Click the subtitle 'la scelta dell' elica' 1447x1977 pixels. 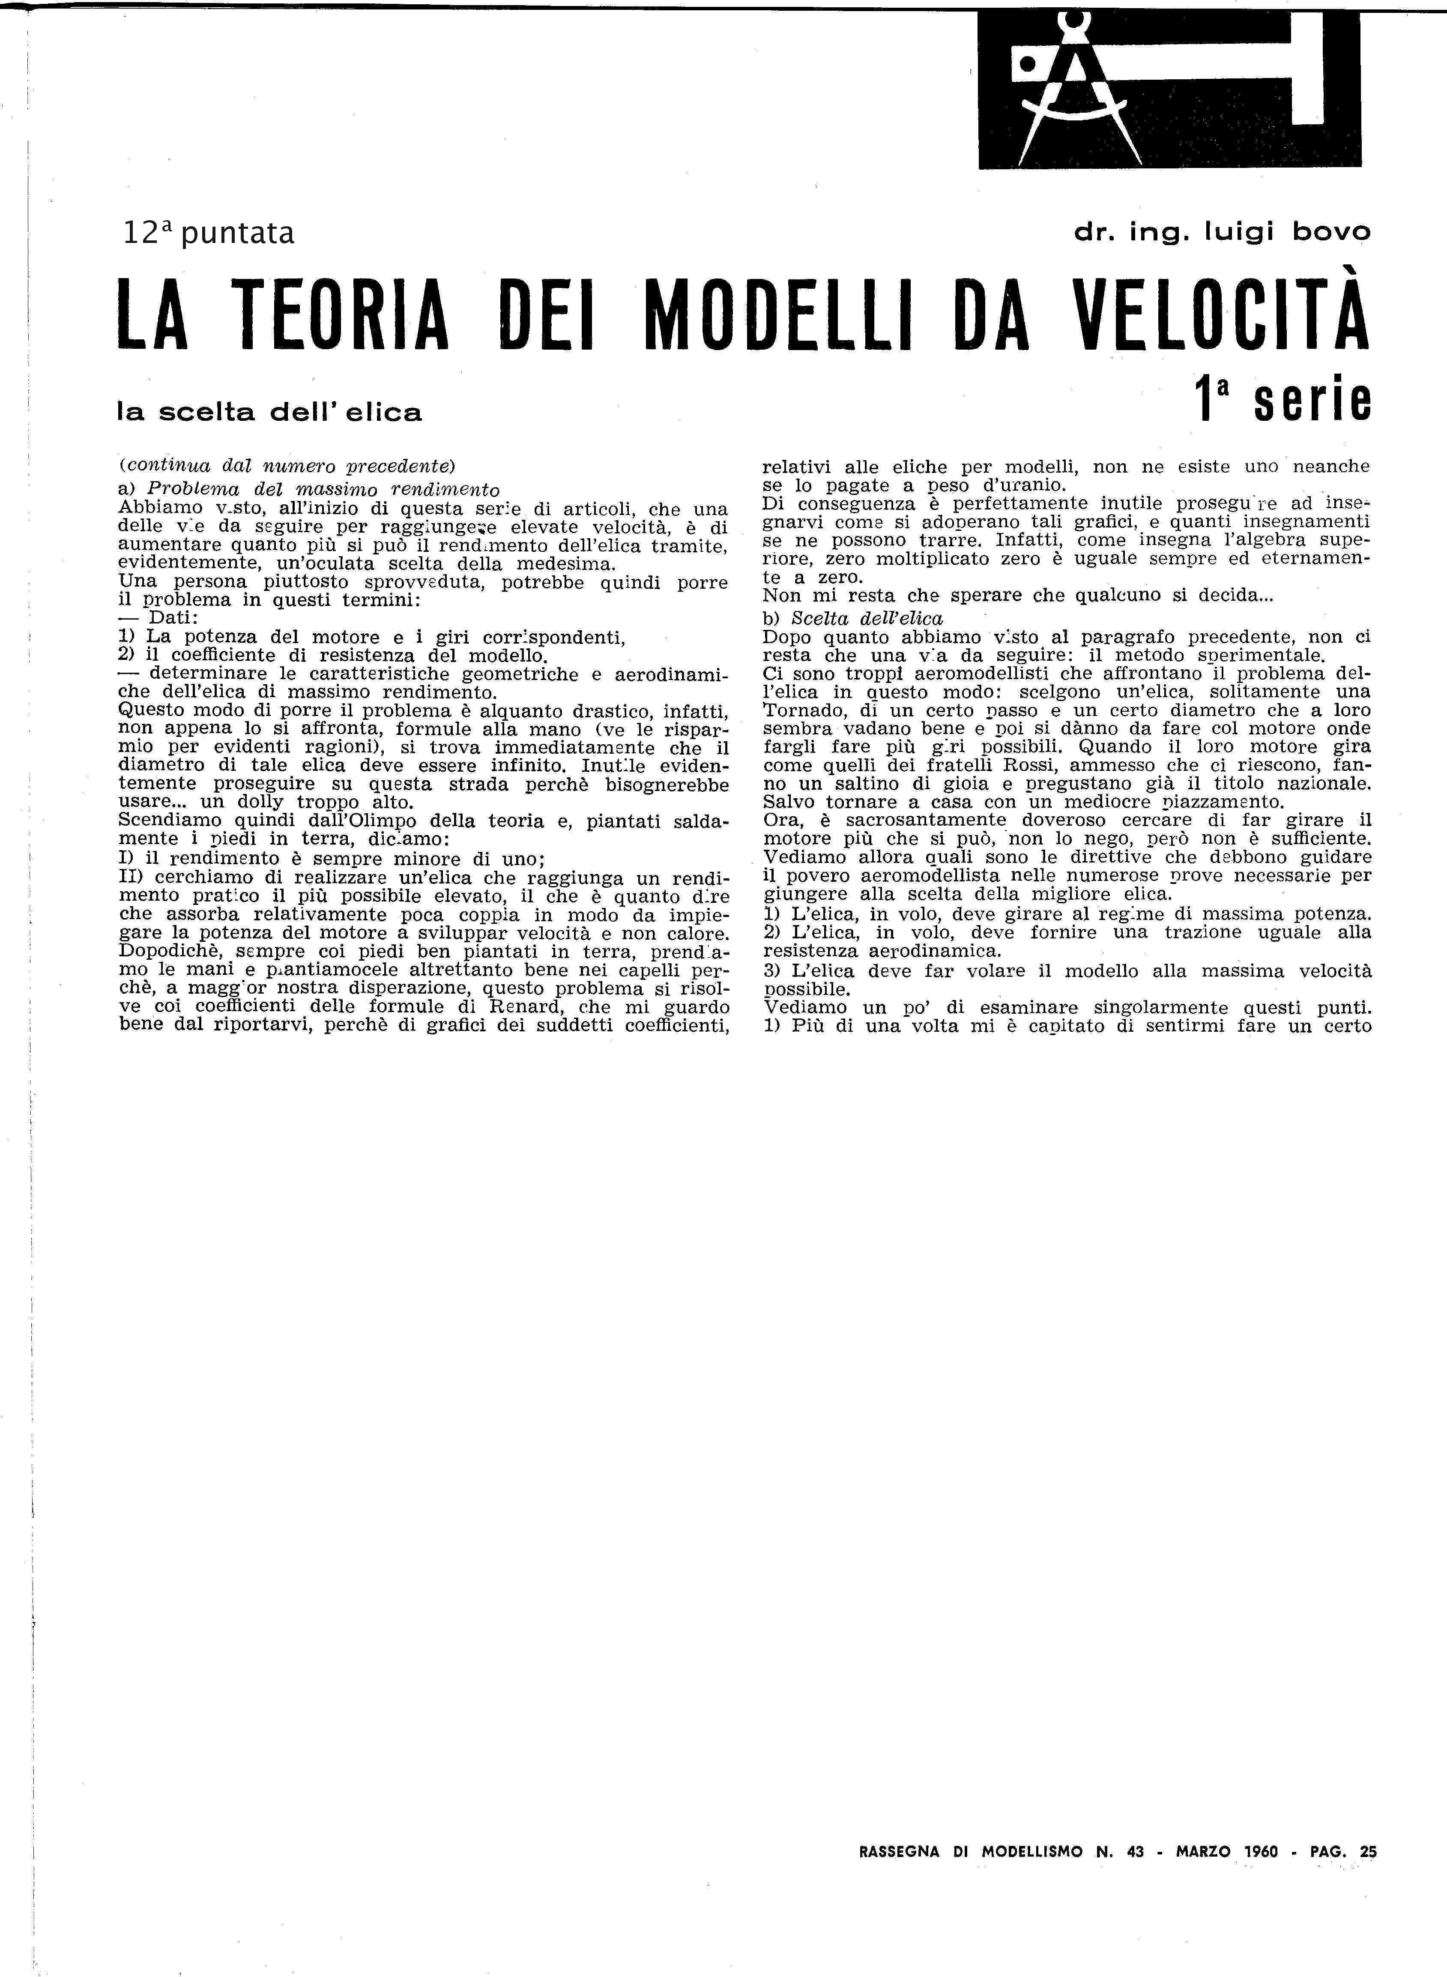click(270, 412)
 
